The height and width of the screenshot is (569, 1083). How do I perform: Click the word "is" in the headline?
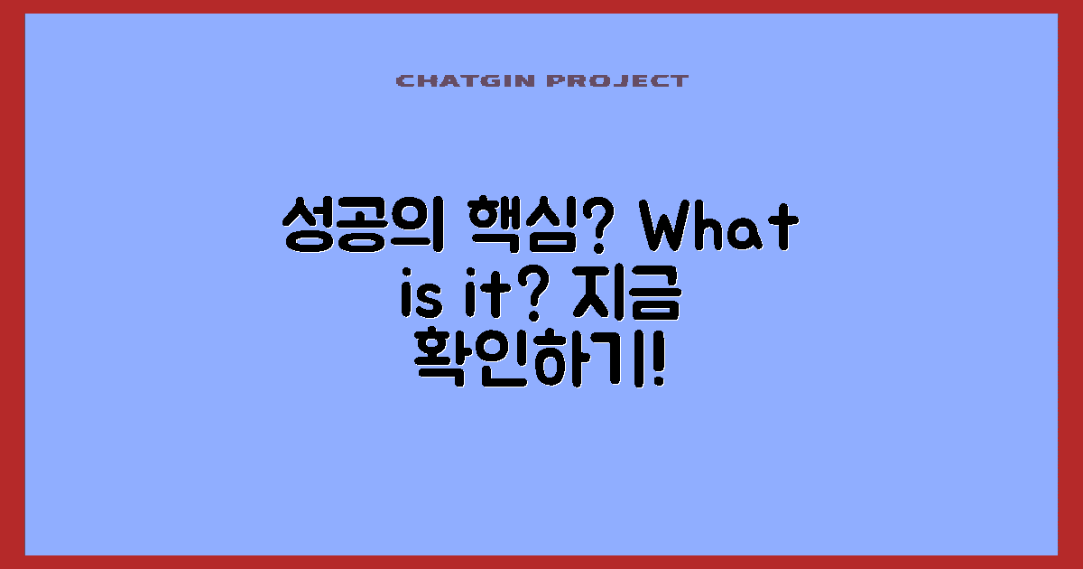coord(416,298)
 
